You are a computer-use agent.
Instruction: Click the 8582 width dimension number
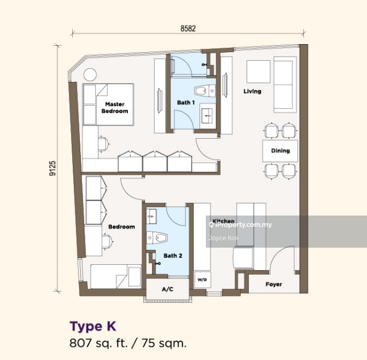point(188,28)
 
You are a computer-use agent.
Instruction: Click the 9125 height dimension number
point(52,168)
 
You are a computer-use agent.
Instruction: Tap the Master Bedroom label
point(115,108)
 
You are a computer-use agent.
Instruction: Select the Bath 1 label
point(186,103)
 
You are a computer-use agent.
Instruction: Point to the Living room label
point(252,91)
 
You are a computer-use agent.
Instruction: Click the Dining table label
point(280,151)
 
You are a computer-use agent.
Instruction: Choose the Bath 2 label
point(173,256)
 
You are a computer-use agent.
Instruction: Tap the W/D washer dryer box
point(202,280)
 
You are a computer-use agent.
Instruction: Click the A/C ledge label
point(167,289)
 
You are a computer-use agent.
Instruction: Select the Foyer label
point(274,284)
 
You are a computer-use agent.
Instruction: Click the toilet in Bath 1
point(205,91)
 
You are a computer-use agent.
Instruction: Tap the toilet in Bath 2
point(157,238)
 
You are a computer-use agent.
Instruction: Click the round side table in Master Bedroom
point(90,75)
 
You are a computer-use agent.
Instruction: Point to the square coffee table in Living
point(259,72)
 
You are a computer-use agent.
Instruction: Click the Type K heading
point(93,326)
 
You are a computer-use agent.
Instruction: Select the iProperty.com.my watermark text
point(241,225)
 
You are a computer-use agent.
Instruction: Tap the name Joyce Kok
point(224,238)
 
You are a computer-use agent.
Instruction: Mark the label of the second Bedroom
point(122,226)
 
